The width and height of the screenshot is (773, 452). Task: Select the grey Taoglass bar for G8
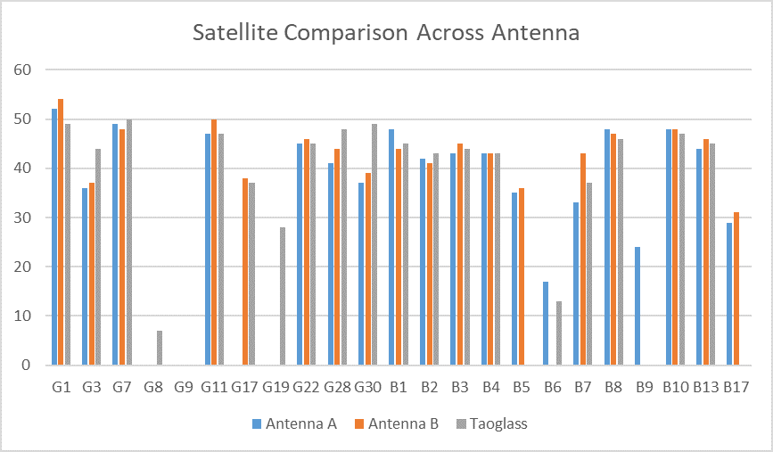tap(160, 348)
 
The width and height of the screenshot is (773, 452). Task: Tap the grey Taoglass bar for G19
tap(282, 296)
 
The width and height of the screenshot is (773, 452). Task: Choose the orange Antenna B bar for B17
tap(736, 288)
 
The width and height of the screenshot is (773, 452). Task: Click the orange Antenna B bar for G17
tap(245, 271)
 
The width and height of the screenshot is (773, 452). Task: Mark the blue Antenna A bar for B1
tap(391, 247)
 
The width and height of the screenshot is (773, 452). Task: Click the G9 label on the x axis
tap(184, 388)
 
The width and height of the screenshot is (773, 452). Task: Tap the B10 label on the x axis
tap(675, 388)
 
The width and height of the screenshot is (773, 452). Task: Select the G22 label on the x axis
tap(306, 388)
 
